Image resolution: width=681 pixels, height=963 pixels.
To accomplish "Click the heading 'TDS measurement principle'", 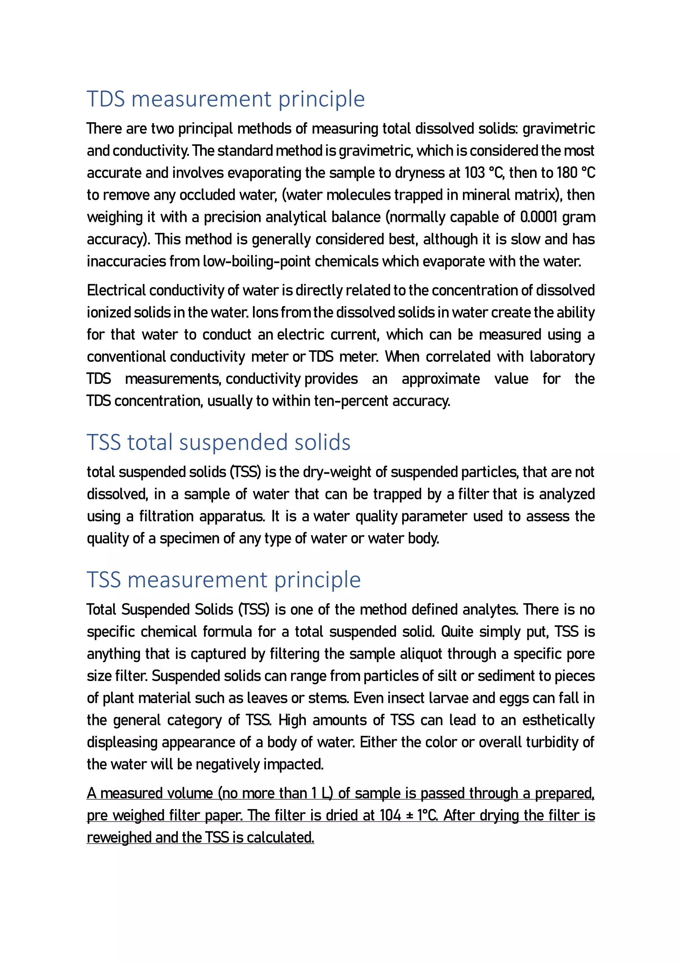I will tap(225, 99).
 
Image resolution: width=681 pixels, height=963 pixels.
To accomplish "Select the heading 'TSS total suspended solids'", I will tap(218, 442).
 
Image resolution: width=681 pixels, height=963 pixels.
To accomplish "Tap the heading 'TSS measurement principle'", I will tap(223, 580).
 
